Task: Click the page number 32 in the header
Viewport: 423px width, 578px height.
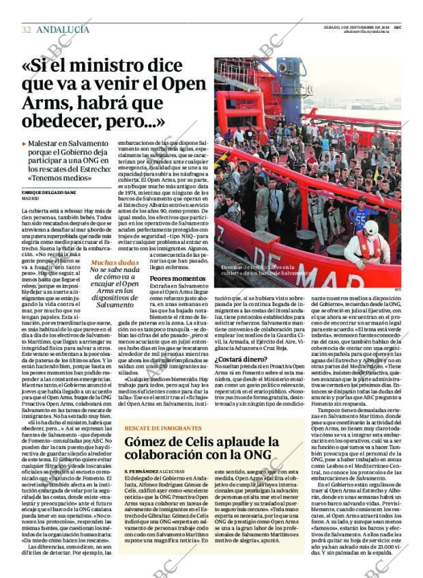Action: pos(26,29)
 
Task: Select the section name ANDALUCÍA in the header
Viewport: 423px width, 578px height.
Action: pos(62,29)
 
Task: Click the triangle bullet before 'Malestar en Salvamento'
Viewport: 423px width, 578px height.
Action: pos(24,144)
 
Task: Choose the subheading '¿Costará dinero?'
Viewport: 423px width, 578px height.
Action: pos(241,379)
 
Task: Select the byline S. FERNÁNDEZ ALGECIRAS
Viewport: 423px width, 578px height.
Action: pos(159,472)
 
